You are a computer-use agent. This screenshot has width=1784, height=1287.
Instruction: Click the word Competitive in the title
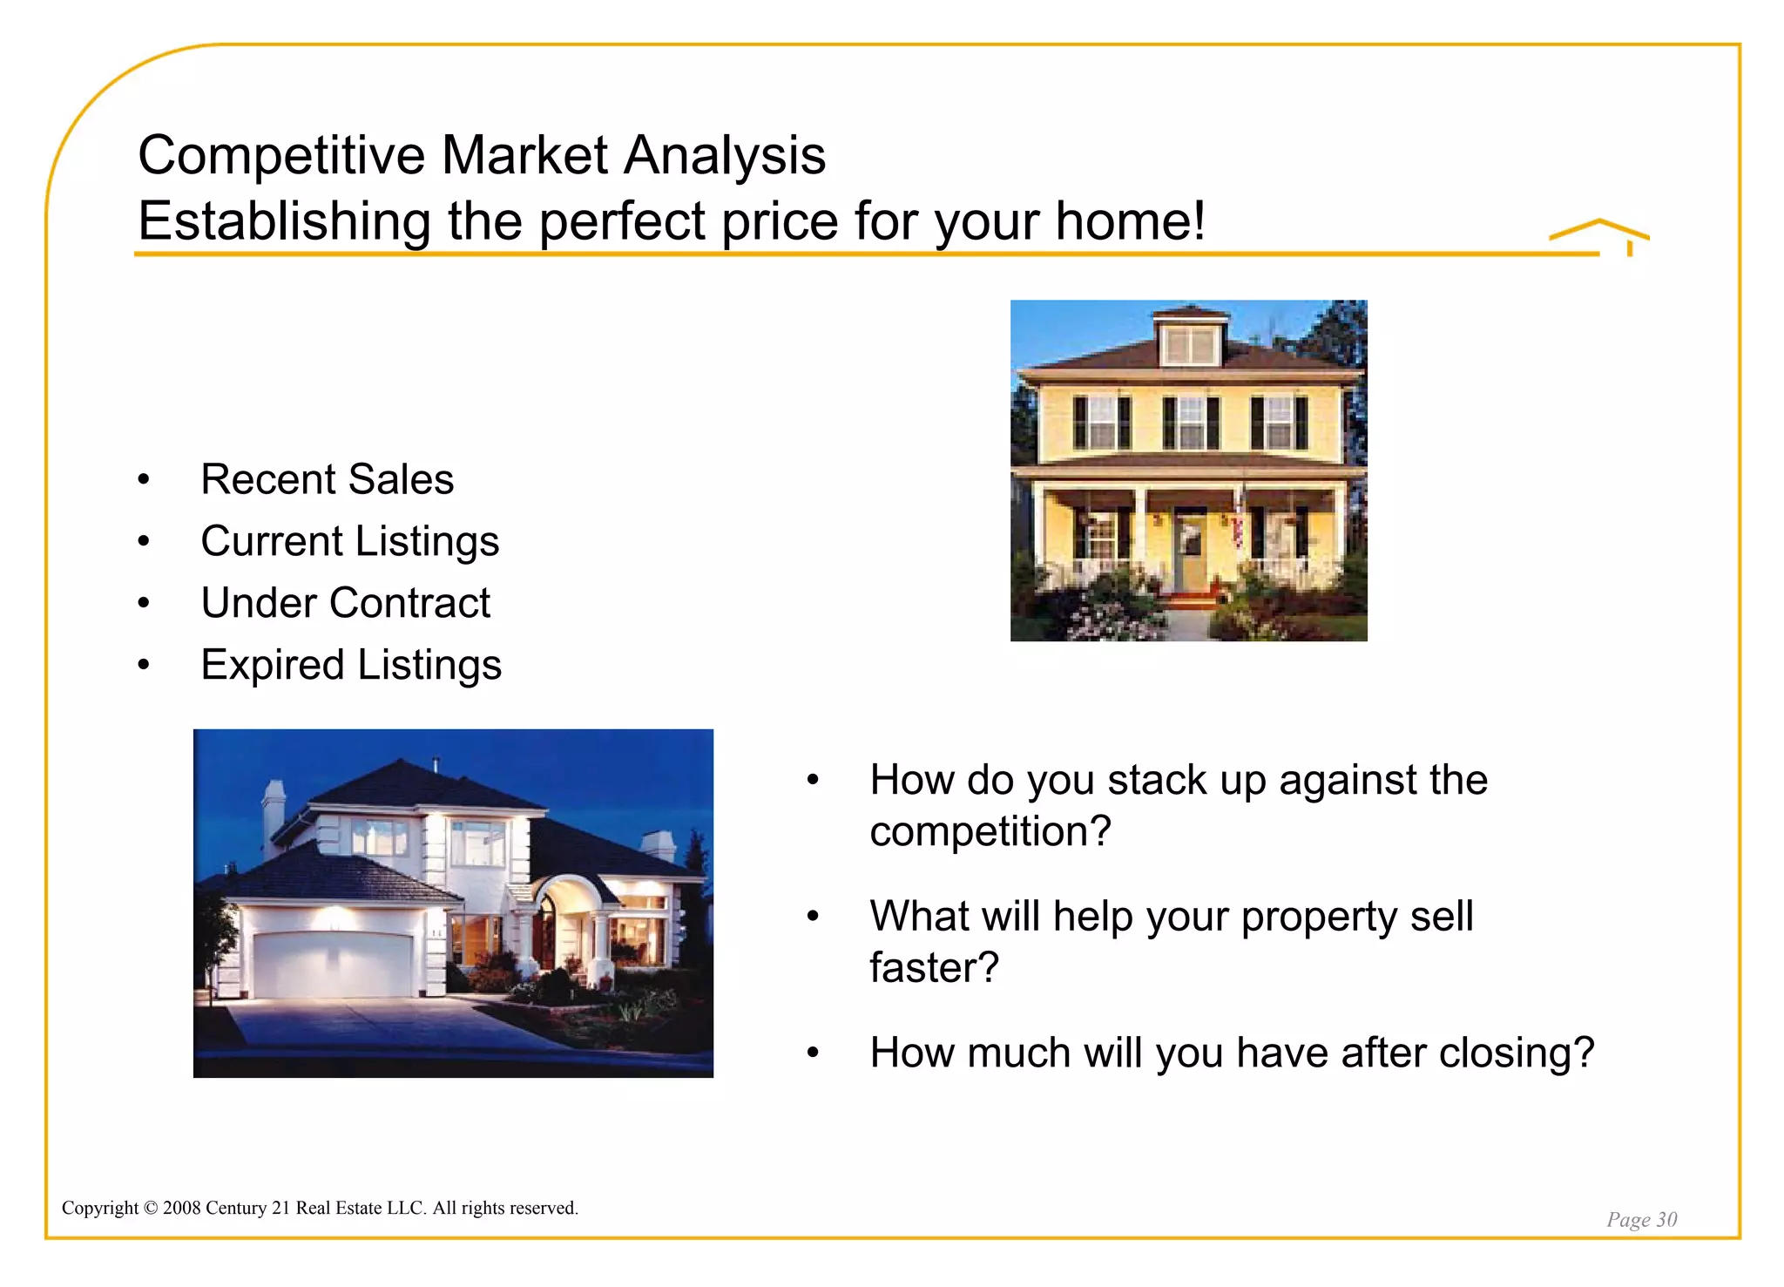pyautogui.click(x=281, y=157)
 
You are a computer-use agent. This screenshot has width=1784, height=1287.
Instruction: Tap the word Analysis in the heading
pyautogui.click(x=725, y=157)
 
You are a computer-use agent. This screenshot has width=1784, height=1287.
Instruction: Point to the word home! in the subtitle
pyautogui.click(x=1130, y=221)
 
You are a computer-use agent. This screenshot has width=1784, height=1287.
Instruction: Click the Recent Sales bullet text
pyautogui.click(x=327, y=479)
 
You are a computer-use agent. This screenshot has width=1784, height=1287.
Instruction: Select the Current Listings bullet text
pyautogui.click(x=349, y=541)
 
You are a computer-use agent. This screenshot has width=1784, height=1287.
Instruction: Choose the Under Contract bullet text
pyautogui.click(x=345, y=603)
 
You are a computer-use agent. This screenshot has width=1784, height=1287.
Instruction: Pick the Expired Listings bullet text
pyautogui.click(x=350, y=665)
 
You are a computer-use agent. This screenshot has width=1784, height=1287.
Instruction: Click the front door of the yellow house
pyautogui.click(x=1189, y=551)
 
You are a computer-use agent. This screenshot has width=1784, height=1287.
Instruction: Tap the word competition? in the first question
pyautogui.click(x=990, y=831)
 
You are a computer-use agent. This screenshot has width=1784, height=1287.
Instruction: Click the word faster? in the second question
pyautogui.click(x=934, y=967)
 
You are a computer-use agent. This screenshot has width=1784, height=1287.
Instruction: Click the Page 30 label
pyautogui.click(x=1641, y=1219)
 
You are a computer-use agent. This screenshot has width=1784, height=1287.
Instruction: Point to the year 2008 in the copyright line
pyautogui.click(x=181, y=1208)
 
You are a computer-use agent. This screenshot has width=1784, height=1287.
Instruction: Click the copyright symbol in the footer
pyautogui.click(x=150, y=1208)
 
